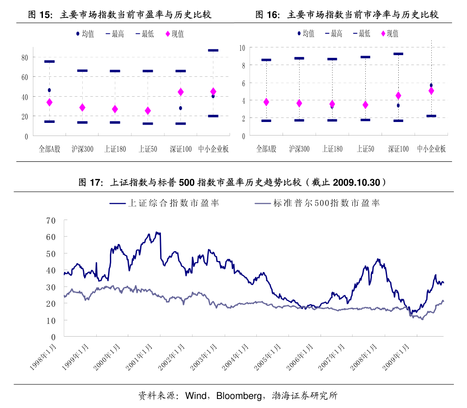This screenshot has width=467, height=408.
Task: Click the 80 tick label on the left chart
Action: [24, 57]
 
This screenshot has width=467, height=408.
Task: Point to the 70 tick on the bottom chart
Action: [51, 220]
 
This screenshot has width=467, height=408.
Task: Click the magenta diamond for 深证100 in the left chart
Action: [180, 92]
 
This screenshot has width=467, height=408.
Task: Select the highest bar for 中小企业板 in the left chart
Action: [213, 50]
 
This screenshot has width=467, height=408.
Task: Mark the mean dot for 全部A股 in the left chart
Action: [49, 90]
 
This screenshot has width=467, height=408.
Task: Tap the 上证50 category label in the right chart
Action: [365, 149]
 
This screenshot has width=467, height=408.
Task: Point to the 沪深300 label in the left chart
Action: [82, 149]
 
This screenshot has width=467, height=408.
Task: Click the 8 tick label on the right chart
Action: [243, 66]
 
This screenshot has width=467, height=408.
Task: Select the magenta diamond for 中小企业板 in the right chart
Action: [431, 91]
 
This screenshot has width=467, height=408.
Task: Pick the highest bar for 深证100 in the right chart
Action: [398, 54]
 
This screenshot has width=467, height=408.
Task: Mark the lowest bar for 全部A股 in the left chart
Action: [49, 122]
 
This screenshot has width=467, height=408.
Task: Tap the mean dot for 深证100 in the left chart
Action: [180, 108]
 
